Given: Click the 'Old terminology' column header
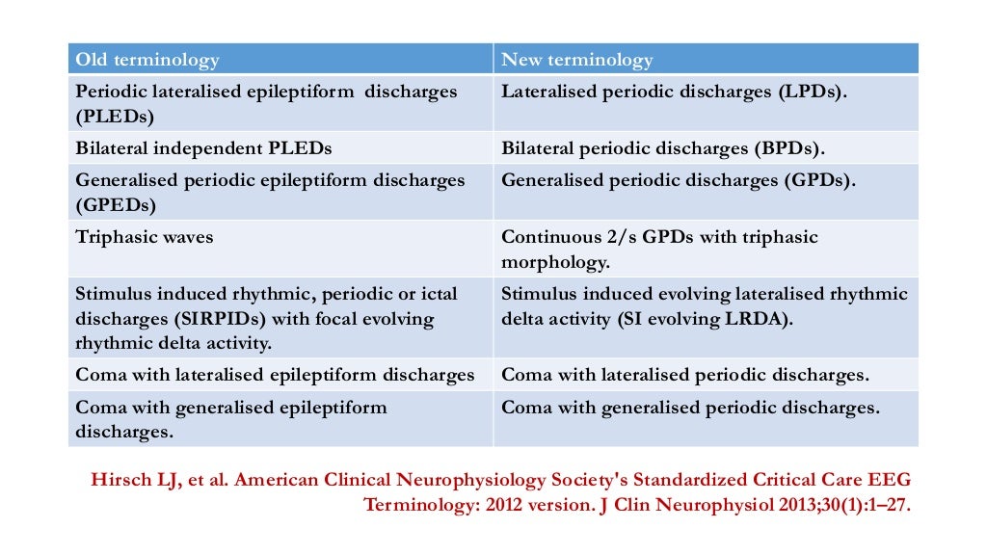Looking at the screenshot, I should tap(147, 60).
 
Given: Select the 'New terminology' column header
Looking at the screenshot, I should tap(576, 60).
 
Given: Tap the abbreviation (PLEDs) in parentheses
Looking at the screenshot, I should tap(115, 116).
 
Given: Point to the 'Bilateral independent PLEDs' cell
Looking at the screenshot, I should tap(203, 148).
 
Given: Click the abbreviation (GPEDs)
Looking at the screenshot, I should tap(116, 204).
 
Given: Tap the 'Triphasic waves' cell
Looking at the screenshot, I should tap(145, 236).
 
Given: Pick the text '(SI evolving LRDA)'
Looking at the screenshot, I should tap(705, 318).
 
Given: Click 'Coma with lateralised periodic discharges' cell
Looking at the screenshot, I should tap(685, 374).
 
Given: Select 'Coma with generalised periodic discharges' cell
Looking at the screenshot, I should tap(690, 407).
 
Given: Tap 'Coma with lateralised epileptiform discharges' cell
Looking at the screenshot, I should tap(275, 374).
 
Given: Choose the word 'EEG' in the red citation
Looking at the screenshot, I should tap(890, 479).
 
